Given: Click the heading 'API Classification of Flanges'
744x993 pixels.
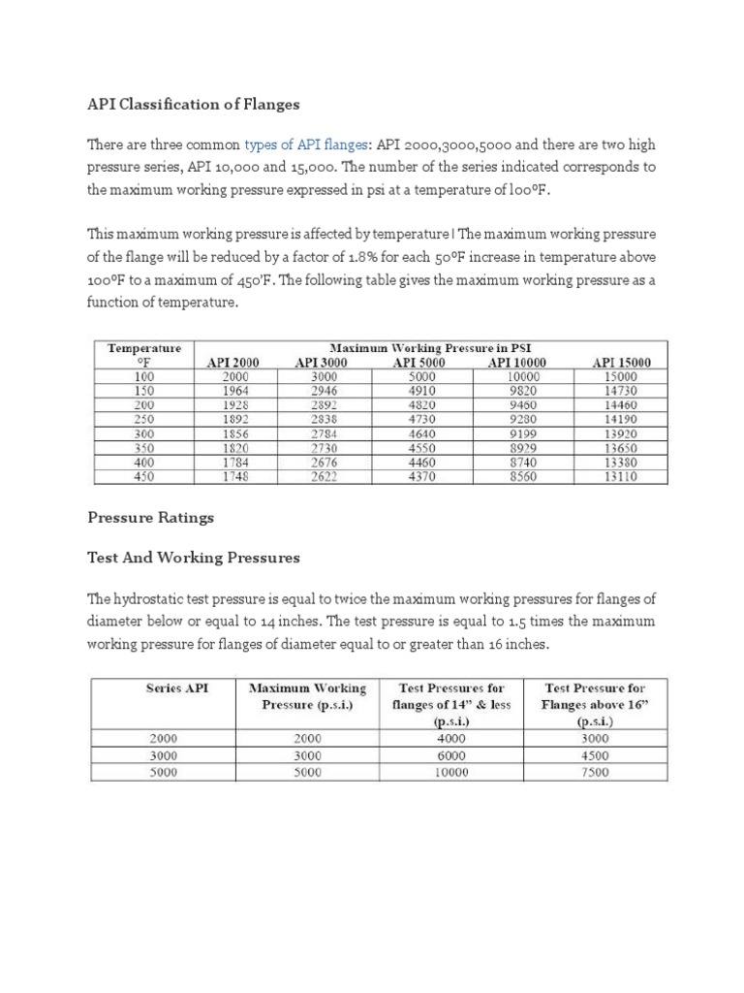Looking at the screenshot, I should click(194, 104).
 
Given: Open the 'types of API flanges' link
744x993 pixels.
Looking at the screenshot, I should click(306, 144).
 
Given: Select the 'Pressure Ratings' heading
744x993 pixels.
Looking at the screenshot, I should click(150, 518).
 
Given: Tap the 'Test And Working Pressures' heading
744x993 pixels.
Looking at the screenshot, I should click(194, 558).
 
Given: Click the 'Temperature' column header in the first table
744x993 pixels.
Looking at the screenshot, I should click(143, 347).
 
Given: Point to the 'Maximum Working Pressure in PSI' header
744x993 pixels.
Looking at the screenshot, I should click(430, 347).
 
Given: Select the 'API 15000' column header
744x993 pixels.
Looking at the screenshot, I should click(621, 363).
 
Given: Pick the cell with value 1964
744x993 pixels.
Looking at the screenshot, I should click(234, 391).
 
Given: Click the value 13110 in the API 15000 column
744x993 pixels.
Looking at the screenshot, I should click(621, 477).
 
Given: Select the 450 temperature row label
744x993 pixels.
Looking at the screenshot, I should click(143, 477).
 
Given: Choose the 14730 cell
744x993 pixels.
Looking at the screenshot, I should click(621, 391).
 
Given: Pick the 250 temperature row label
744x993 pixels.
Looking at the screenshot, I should click(143, 420).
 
